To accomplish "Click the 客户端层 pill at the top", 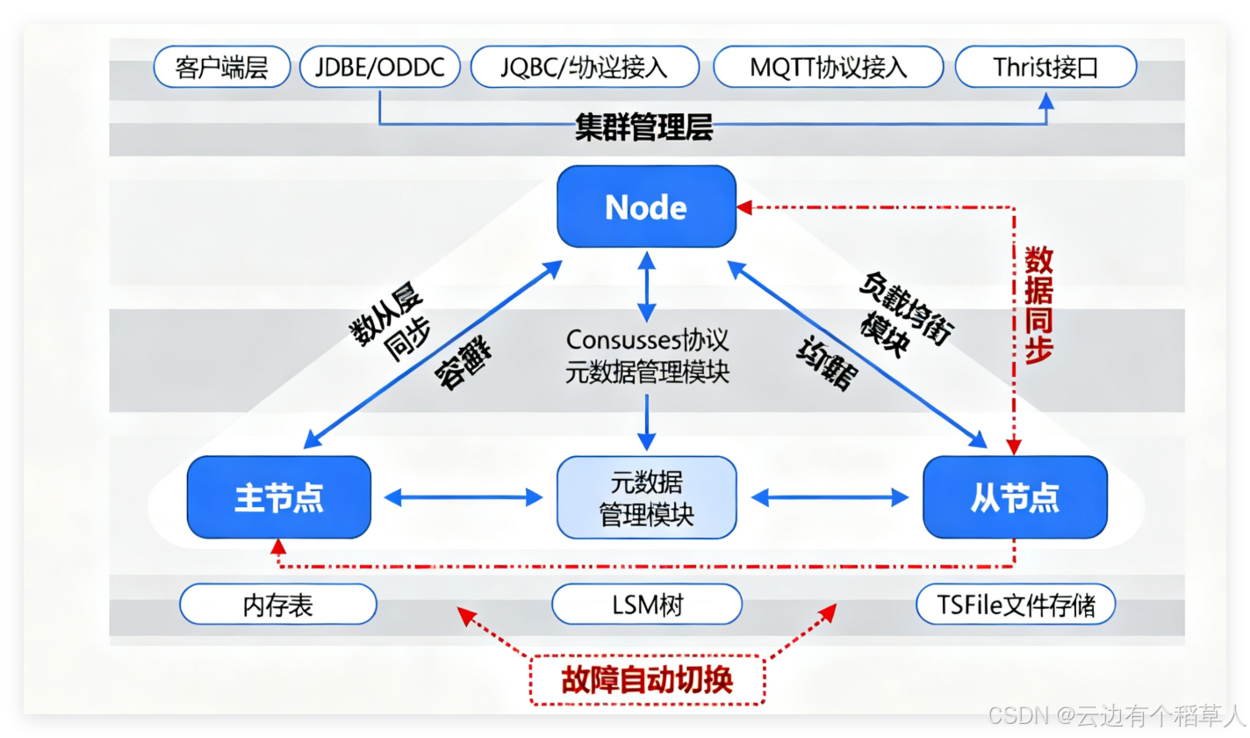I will (221, 68).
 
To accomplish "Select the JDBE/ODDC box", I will (379, 68).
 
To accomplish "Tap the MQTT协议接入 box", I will (828, 68).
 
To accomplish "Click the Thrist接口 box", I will (1045, 68).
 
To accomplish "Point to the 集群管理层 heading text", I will (643, 128).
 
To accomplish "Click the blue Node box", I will (646, 206).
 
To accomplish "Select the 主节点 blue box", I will (278, 497).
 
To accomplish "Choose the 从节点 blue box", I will (1015, 497).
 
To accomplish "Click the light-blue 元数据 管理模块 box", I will (646, 497).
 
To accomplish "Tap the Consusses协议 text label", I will (647, 340).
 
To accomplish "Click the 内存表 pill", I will (277, 604).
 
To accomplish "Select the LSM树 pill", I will (646, 604).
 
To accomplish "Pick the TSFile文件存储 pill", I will (1016, 604).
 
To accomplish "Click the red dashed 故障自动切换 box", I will (646, 680).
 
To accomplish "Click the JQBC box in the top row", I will (585, 68).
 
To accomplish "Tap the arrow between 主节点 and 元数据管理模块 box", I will (464, 497).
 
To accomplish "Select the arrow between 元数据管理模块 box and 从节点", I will (830, 497).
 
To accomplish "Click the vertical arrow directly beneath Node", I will (646, 286).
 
